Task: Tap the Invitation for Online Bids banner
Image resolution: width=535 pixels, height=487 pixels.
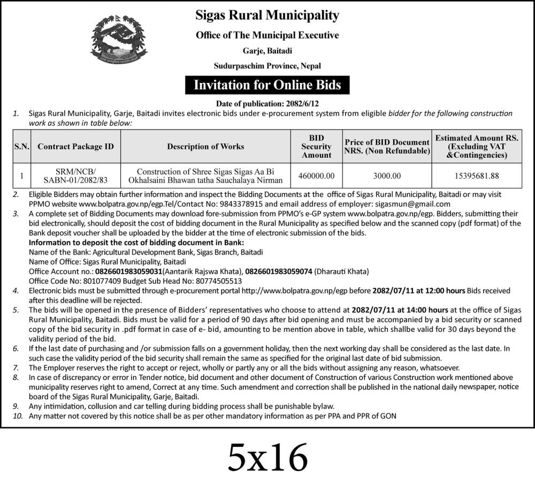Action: coord(267,85)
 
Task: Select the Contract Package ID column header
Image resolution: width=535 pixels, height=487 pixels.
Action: coord(75,146)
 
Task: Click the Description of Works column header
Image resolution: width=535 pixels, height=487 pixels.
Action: coord(205,146)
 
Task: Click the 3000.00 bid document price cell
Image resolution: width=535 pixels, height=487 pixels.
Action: coord(387,175)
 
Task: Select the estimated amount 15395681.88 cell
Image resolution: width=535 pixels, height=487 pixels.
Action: coord(477,175)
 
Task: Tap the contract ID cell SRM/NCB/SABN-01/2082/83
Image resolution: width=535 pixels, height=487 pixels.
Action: coord(75,175)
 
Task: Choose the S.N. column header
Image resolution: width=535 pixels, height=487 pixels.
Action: coord(22,146)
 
